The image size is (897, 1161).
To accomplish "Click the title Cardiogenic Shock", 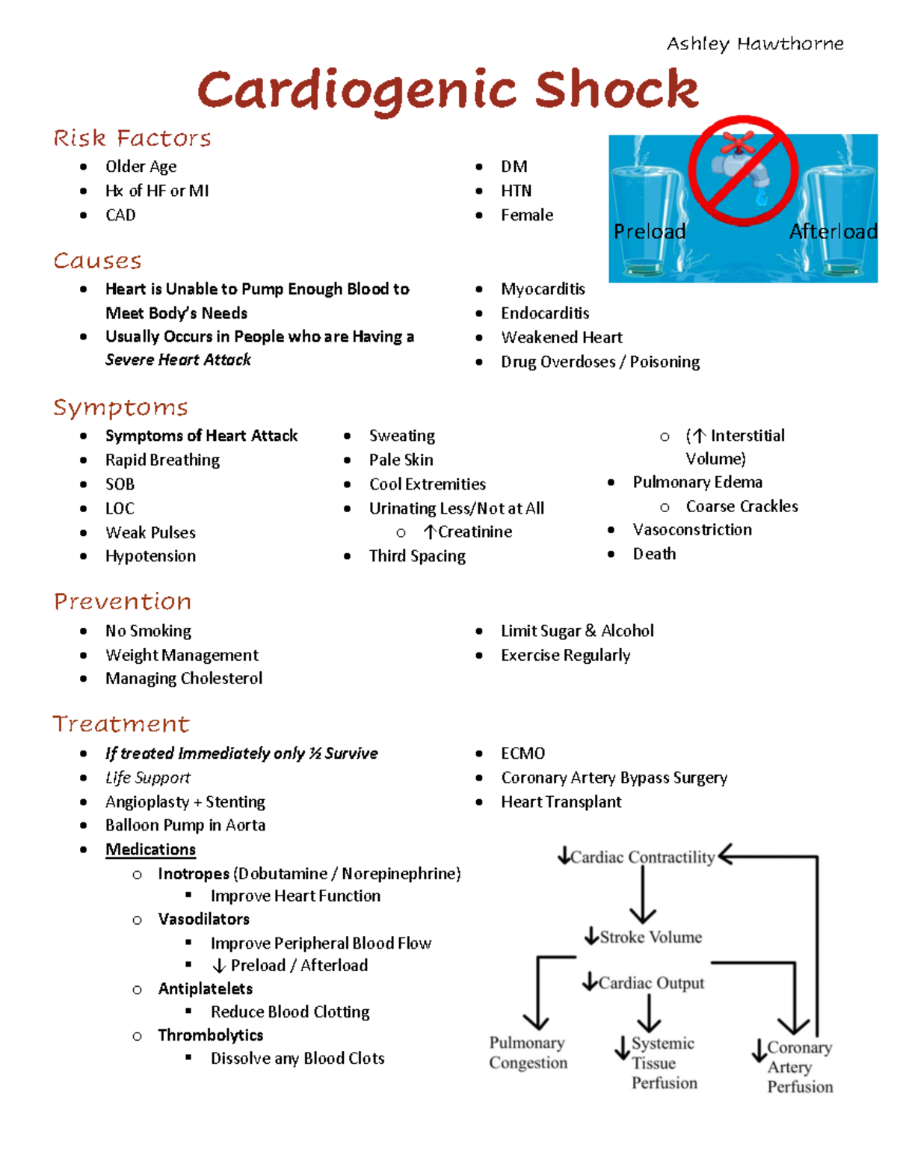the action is pos(448,90).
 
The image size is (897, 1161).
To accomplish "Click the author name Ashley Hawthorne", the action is pos(755,43).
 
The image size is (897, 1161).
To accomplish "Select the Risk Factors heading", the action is pos(132,138).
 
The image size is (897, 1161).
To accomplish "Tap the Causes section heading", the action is pos(97,261).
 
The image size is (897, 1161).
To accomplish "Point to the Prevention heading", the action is pos(123,602).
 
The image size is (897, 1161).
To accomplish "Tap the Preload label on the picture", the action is pos(649,232).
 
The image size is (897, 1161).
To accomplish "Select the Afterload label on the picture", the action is pos(833,232).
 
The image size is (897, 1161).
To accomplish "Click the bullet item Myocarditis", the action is pos(543,289).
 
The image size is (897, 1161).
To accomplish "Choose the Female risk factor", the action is pos(527,215).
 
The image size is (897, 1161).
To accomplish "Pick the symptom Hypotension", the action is pos(150,556).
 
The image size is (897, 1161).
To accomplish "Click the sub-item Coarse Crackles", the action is pos(742,507).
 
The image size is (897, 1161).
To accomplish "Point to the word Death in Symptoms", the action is pos(654,554).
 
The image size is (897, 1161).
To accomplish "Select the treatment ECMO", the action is pos(523,754).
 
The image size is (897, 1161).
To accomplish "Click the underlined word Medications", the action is pos(150,850).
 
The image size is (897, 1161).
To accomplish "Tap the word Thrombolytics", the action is pos(210,1035).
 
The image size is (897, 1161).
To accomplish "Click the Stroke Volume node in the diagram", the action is pos(650,937).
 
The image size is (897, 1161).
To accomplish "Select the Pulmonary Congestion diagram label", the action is pos(528,1053).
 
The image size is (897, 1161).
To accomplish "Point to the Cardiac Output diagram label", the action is pos(651,984).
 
